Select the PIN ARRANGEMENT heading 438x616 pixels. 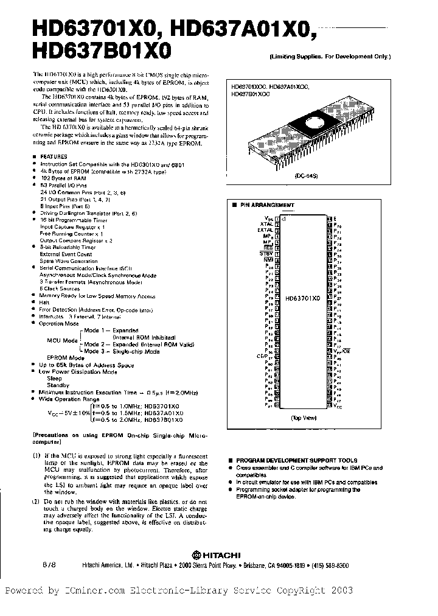click(268, 206)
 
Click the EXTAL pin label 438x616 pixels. click(265, 231)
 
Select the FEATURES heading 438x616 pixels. click(53, 156)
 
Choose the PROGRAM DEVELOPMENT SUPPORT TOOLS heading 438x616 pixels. click(296, 460)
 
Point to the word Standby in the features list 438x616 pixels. click(58, 385)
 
